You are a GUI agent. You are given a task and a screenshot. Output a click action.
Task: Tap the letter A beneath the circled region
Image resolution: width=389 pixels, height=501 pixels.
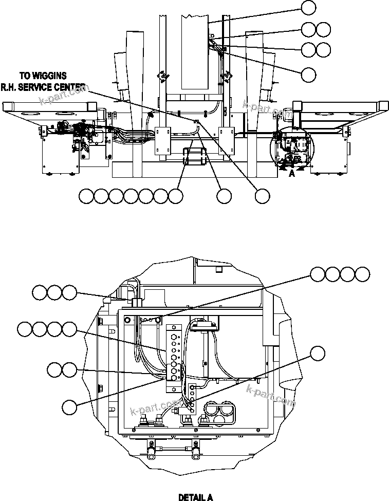[292, 174]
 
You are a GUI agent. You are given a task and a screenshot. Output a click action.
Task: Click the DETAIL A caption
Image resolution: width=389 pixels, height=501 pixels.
[195, 497]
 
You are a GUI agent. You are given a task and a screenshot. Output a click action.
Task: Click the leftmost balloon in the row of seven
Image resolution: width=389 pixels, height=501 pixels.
[87, 196]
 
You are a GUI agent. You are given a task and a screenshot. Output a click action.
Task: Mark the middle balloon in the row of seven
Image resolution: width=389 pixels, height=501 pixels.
[132, 196]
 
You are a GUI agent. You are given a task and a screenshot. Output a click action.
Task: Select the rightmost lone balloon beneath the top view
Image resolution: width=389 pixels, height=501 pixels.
[263, 196]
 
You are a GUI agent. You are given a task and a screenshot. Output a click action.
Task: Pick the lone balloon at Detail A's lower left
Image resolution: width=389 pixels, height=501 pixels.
[69, 406]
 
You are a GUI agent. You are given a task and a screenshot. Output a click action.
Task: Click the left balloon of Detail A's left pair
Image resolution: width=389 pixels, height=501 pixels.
[54, 369]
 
